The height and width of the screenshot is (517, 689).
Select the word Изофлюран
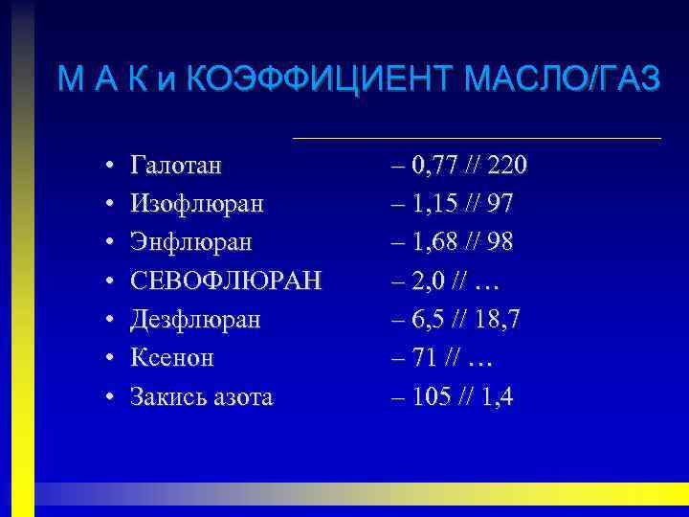(x=197, y=205)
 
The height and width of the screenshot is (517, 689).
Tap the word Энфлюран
(x=191, y=243)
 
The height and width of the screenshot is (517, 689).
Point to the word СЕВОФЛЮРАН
(x=227, y=281)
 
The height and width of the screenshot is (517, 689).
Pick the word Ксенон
(x=172, y=358)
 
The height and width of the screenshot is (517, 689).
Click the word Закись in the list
(x=166, y=396)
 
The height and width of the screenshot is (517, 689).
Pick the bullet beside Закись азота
(x=112, y=397)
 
